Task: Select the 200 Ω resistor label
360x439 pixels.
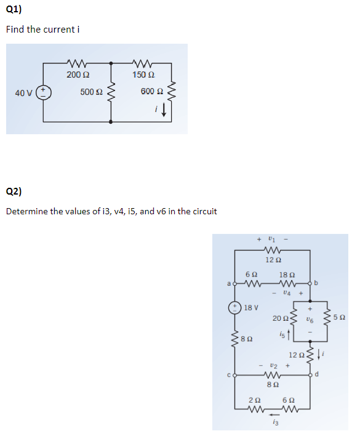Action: pyautogui.click(x=77, y=75)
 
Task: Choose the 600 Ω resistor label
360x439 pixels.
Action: pyautogui.click(x=150, y=92)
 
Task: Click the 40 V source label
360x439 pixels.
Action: pyautogui.click(x=24, y=93)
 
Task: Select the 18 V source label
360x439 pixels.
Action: pyautogui.click(x=251, y=307)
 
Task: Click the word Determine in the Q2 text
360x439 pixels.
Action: pyautogui.click(x=26, y=211)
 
